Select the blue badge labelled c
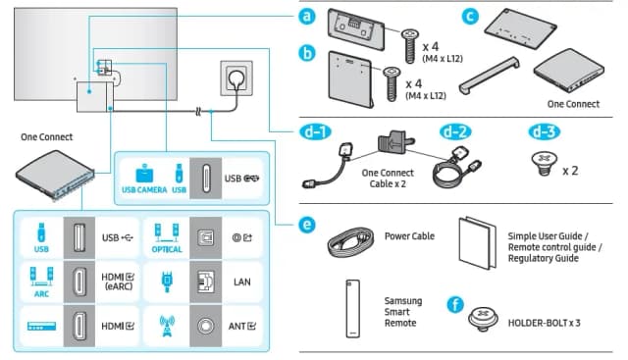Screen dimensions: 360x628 tap(471, 16)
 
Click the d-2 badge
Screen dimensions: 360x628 tap(455, 131)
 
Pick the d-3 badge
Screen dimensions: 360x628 tap(547, 131)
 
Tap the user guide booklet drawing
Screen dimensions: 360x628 tap(478, 238)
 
